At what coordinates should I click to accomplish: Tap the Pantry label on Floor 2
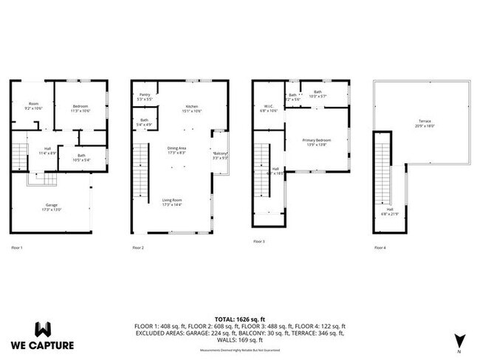[145, 95]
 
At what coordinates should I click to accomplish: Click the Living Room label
[173, 201]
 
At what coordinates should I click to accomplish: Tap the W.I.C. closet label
[270, 108]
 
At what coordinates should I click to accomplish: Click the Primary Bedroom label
[317, 142]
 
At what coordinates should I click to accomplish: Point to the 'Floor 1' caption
[16, 247]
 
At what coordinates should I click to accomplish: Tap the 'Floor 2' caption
[137, 247]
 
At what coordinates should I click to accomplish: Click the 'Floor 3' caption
[258, 241]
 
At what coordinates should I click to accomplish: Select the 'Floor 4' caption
[380, 247]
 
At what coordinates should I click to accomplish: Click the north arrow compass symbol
[459, 340]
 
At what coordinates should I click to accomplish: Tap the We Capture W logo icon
[43, 329]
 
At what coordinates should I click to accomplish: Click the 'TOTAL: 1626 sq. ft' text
[239, 316]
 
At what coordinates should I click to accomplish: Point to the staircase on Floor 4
[382, 166]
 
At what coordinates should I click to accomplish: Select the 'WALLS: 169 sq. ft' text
[239, 340]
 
